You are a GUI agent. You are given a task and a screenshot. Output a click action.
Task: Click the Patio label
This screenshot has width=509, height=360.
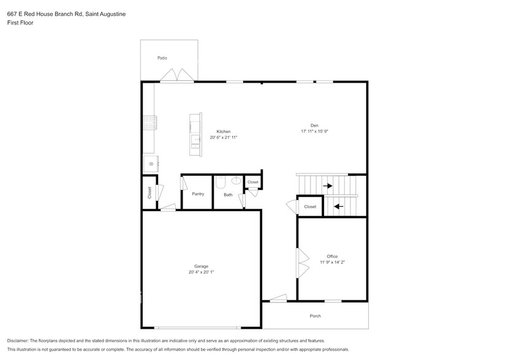point(162,58)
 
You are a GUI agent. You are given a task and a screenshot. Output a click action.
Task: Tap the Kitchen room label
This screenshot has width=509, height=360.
point(224,132)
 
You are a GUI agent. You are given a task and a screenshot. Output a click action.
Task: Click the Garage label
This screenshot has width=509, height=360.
point(202,266)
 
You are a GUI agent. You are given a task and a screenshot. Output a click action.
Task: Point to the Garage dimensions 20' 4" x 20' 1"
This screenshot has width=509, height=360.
point(202,272)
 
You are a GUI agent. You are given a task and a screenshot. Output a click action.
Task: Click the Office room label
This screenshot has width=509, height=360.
point(332,257)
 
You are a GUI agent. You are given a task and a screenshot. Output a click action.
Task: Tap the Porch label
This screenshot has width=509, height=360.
point(315,316)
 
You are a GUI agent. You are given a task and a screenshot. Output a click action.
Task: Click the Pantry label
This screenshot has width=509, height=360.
point(198,194)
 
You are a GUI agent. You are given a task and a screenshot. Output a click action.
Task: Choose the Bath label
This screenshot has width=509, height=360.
point(228,195)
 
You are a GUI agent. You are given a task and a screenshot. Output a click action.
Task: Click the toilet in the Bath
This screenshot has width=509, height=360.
point(221,181)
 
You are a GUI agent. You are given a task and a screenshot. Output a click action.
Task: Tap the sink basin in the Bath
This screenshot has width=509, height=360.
point(236,181)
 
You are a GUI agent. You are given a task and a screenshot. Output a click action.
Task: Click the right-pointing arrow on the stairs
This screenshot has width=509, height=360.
point(328,186)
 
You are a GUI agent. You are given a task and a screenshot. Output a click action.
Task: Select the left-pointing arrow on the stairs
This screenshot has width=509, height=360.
point(338,206)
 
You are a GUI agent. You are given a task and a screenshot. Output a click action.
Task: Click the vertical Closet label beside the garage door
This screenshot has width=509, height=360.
point(149,192)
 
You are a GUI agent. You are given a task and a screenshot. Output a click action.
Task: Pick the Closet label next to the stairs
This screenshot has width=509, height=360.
point(311,207)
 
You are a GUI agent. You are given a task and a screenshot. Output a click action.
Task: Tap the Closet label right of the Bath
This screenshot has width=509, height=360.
point(253,182)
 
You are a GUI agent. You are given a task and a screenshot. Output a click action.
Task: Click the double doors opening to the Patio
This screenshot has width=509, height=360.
point(178,75)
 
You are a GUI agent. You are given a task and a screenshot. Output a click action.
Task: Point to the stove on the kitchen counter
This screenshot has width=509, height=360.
point(150,122)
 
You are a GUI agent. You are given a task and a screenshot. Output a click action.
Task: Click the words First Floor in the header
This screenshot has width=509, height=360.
point(20,23)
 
